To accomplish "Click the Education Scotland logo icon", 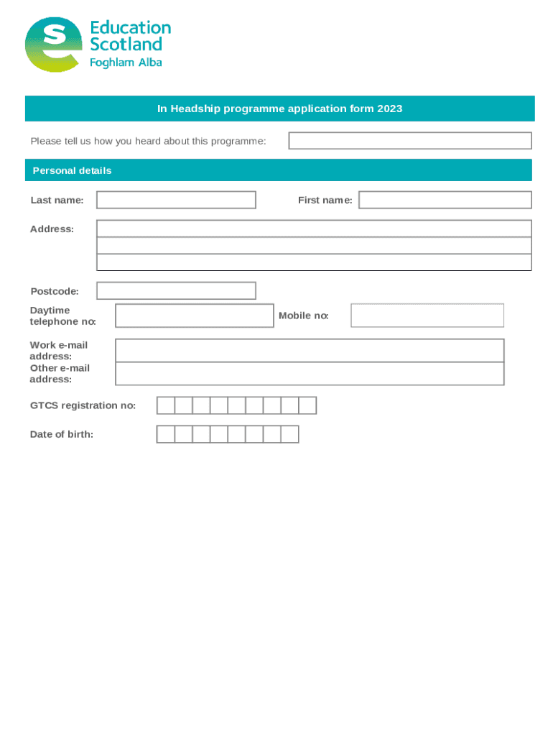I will [x=53, y=45].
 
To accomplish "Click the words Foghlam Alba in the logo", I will [x=126, y=63].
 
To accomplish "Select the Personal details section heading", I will [x=72, y=171].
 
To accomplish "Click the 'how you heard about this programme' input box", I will [x=409, y=141].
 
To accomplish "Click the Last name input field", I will [x=176, y=200].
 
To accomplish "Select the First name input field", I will [x=445, y=200].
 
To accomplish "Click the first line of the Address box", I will [x=314, y=229].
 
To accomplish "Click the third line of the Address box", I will [x=314, y=262].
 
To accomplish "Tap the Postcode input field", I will [x=176, y=291].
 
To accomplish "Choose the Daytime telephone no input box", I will [x=194, y=316].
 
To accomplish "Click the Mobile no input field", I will [x=427, y=316].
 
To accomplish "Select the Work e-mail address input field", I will [x=310, y=351].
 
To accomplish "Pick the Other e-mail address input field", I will [x=310, y=374].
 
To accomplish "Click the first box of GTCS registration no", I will [x=166, y=406].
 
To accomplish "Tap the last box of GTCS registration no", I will [x=307, y=406].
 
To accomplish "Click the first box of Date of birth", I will [x=166, y=434].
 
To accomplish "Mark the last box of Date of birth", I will [x=289, y=434].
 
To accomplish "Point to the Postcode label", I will [x=55, y=291].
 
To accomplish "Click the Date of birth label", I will [x=62, y=434].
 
